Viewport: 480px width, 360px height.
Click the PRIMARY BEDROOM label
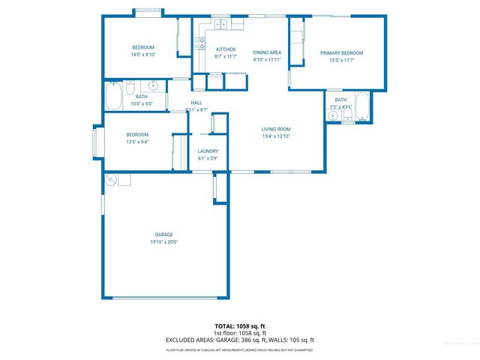[341, 53]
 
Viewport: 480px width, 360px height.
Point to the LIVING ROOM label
[275, 128]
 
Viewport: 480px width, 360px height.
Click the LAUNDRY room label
[208, 151]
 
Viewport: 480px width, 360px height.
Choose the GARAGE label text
[164, 234]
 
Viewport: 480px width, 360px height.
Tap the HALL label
[196, 103]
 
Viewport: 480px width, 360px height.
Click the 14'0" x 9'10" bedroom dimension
[143, 55]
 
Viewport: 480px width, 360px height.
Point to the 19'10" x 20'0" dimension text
[164, 241]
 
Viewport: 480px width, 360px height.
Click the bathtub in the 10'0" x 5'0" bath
[114, 95]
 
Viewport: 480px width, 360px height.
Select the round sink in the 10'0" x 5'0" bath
[153, 85]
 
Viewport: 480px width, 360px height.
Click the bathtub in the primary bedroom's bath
[361, 106]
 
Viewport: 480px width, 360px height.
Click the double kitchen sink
[222, 25]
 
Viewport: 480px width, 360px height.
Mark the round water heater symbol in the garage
[111, 180]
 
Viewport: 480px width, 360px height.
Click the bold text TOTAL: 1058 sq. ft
[240, 326]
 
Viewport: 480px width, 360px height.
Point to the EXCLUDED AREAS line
[240, 340]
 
